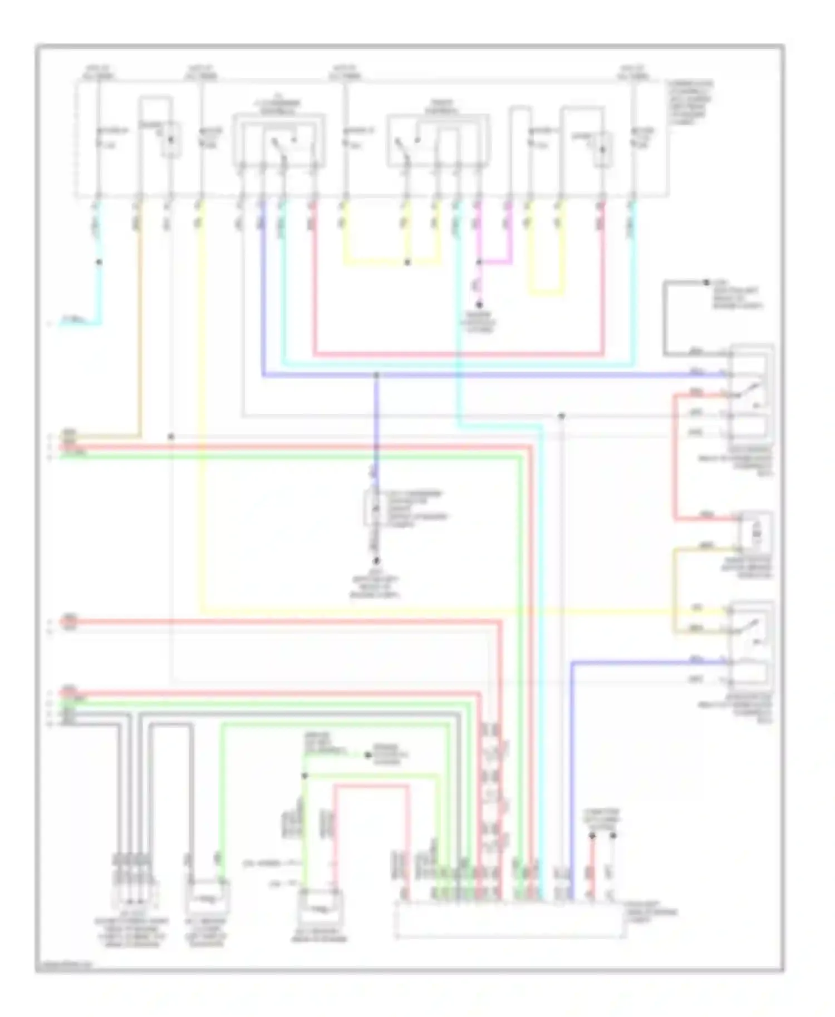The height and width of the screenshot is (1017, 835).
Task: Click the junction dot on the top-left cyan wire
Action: [x=99, y=262]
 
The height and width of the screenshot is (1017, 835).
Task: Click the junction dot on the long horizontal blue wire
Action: [x=376, y=376]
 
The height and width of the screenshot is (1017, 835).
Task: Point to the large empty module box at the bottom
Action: [x=509, y=920]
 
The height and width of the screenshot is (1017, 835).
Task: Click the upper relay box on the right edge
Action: [x=751, y=392]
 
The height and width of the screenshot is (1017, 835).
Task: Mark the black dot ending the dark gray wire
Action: [x=706, y=283]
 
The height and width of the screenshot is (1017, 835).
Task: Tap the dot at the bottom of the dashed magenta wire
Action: [x=479, y=305]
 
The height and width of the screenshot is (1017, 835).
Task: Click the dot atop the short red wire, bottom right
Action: [x=592, y=836]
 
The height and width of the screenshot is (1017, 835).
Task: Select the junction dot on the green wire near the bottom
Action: [x=304, y=776]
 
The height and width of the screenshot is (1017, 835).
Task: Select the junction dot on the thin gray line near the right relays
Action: [x=562, y=416]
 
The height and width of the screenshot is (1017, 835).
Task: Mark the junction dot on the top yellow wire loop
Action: [x=407, y=262]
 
